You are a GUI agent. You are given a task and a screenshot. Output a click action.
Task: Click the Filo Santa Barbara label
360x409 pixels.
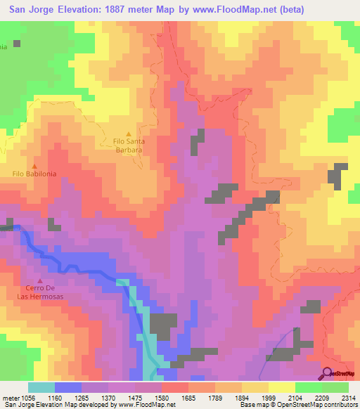[x=128, y=145]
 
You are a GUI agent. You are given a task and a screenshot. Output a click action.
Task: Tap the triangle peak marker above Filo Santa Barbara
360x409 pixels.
[x=128, y=134]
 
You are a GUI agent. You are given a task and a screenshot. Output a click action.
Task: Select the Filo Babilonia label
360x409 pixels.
[x=34, y=173]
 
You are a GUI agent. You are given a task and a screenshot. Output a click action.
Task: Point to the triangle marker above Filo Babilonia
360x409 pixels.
[x=34, y=165]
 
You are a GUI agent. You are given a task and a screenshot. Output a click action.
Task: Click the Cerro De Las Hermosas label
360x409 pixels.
[x=40, y=292]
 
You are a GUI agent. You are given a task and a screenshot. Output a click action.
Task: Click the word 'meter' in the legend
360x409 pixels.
[x=11, y=397]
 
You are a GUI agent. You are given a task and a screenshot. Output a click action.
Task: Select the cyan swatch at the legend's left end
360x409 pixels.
[x=41, y=387]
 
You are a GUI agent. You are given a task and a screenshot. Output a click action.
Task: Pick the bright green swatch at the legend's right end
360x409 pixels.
[x=335, y=387]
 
